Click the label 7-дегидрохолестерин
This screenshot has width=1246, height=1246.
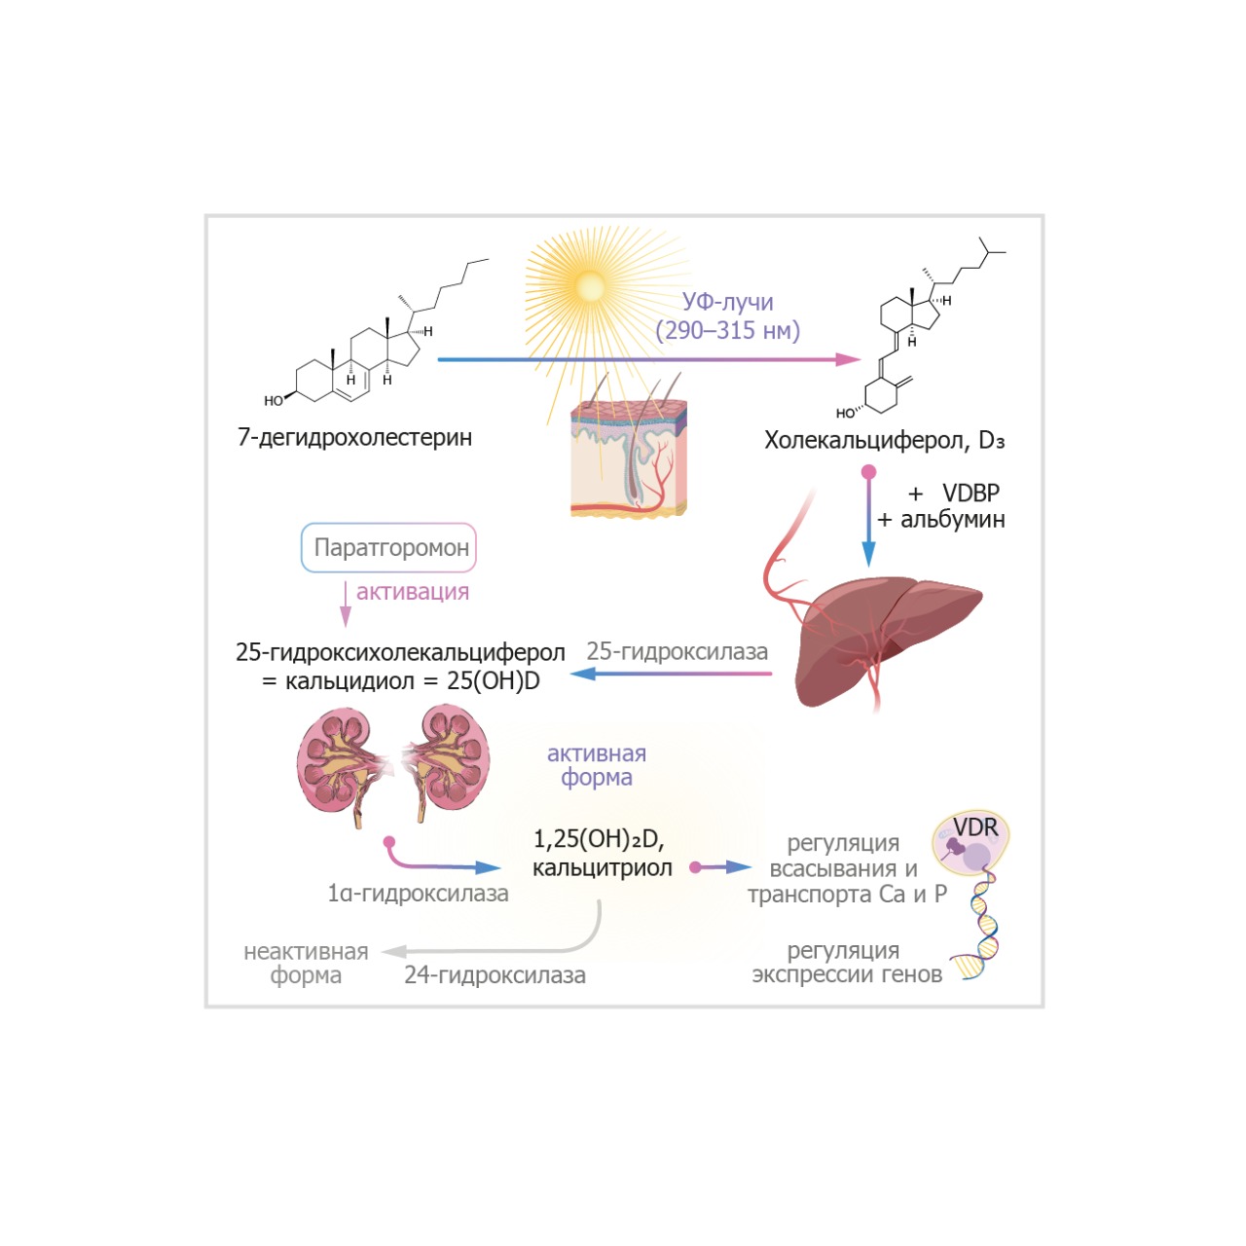click(354, 437)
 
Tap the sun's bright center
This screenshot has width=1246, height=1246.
click(590, 286)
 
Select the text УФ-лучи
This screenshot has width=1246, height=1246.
click(727, 303)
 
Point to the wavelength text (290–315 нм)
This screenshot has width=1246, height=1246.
click(727, 331)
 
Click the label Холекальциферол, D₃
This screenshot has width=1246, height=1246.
click(884, 440)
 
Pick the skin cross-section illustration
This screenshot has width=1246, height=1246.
click(629, 458)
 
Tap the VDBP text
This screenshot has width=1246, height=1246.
click(971, 494)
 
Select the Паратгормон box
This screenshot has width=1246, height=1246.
click(389, 548)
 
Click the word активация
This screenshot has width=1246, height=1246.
click(412, 592)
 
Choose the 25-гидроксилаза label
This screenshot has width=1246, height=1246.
click(677, 651)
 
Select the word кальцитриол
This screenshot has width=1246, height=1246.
click(602, 868)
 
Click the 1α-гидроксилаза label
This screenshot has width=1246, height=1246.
click(418, 894)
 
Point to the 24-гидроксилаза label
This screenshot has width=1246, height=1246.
click(495, 975)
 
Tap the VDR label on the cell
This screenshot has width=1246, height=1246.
click(975, 827)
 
